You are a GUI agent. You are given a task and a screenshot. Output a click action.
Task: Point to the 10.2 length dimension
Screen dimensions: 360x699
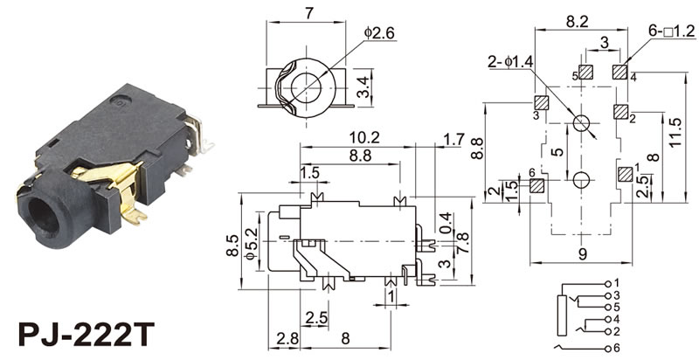pos(363,137)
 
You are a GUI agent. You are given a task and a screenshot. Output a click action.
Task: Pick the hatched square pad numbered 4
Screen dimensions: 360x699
pos(621,71)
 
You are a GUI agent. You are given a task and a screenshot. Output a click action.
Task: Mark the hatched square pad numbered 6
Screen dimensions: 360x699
pos(536,185)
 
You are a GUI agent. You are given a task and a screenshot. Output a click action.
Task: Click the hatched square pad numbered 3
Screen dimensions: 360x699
pos(542,102)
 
